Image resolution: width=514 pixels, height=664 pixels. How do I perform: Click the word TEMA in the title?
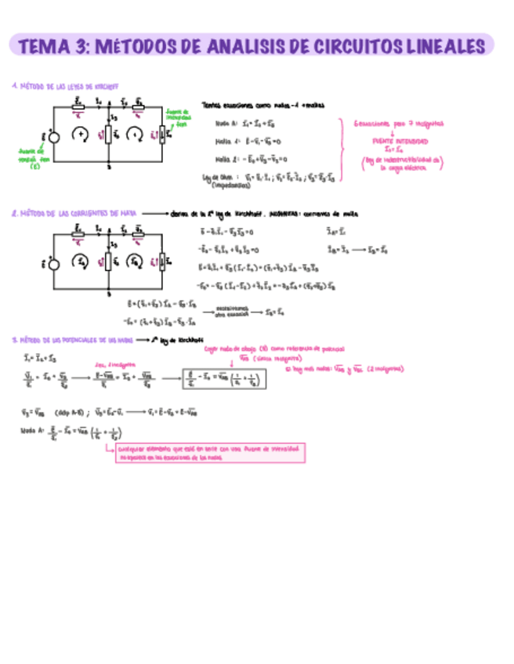[x=43, y=46]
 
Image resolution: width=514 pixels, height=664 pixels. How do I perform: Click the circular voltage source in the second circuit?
[x=54, y=263]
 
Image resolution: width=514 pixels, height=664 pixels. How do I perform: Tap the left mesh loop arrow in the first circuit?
[x=80, y=134]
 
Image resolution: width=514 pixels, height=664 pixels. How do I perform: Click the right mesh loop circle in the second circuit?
[x=136, y=261]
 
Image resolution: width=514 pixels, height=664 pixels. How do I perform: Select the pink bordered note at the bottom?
[x=208, y=453]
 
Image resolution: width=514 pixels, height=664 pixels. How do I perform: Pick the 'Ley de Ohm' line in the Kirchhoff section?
[x=266, y=178]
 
